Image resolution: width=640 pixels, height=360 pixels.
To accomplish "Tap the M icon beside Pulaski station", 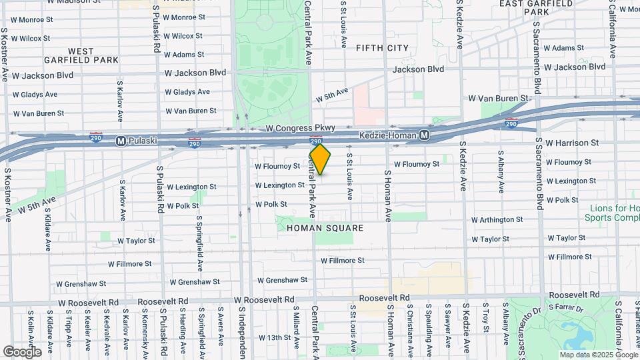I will (x=121, y=141).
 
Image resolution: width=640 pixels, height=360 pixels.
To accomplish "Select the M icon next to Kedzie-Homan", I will (x=424, y=135).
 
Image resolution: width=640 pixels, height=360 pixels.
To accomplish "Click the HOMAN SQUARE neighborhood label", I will (x=325, y=228).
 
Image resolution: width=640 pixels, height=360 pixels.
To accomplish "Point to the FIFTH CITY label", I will (x=382, y=48).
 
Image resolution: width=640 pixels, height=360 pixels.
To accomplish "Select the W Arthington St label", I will (x=497, y=219).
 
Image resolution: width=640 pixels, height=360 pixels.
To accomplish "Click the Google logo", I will (x=22, y=352).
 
